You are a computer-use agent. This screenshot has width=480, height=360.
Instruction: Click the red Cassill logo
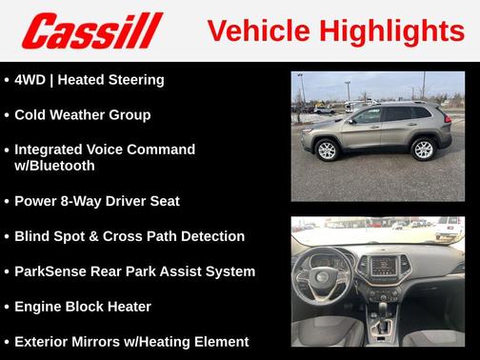click(92, 30)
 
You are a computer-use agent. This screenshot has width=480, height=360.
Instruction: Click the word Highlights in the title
click(393, 30)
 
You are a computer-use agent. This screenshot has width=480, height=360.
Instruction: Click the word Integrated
click(52, 150)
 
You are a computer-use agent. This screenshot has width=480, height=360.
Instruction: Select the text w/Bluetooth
click(54, 166)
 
